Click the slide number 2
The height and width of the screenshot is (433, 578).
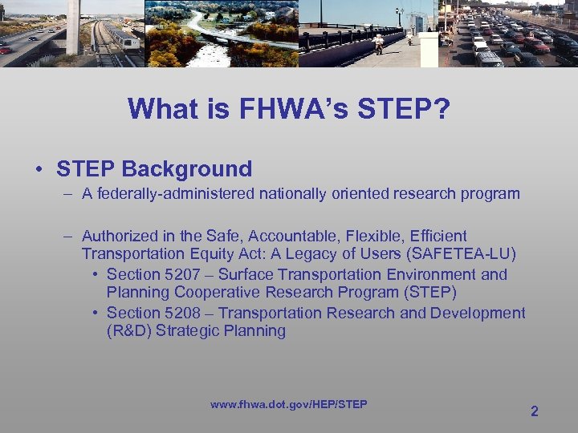[x=534, y=411]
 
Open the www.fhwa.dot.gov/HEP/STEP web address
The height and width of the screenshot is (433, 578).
[x=288, y=404]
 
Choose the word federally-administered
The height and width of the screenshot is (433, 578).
[x=165, y=194]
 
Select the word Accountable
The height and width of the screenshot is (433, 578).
[x=296, y=236]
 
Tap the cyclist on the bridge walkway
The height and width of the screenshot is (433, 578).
[x=377, y=43]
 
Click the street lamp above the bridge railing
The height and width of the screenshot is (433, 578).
[x=399, y=14]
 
